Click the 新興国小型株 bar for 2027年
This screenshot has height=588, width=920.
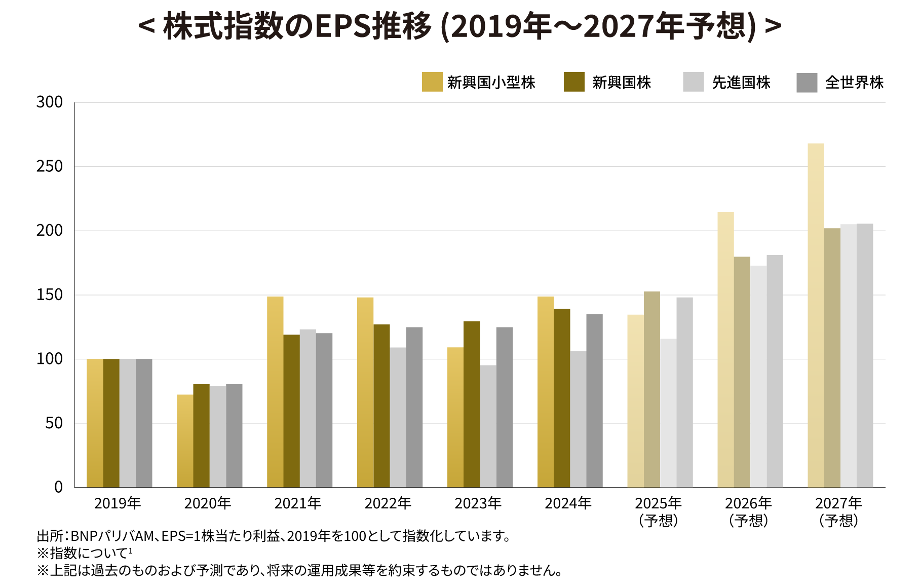pyautogui.click(x=816, y=315)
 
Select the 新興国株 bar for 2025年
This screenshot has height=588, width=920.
pyautogui.click(x=652, y=389)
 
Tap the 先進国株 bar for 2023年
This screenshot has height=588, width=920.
pyautogui.click(x=488, y=426)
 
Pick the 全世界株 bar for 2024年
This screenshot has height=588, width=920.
pyautogui.click(x=595, y=401)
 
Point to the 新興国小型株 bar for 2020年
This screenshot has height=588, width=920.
pyautogui.click(x=185, y=441)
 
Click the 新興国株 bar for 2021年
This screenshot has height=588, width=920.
pyautogui.click(x=291, y=411)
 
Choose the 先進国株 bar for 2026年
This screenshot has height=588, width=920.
pyautogui.click(x=758, y=377)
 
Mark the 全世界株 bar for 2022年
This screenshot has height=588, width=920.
pyautogui.click(x=414, y=408)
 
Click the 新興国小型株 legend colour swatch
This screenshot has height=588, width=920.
pyautogui.click(x=432, y=82)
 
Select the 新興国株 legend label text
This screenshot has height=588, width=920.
pyautogui.click(x=622, y=83)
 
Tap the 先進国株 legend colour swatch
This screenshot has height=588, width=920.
pyautogui.click(x=694, y=82)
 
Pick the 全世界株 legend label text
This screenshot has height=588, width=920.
pyautogui.click(x=855, y=83)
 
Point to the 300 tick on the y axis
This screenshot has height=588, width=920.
pyautogui.click(x=50, y=102)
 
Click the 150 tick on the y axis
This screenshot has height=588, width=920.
pyautogui.click(x=50, y=295)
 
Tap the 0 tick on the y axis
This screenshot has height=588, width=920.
pyautogui.click(x=58, y=487)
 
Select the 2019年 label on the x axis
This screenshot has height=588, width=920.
pyautogui.click(x=118, y=503)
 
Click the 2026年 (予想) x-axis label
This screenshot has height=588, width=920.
pyautogui.click(x=748, y=512)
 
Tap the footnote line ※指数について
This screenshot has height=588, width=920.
pyautogui.click(x=85, y=553)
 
